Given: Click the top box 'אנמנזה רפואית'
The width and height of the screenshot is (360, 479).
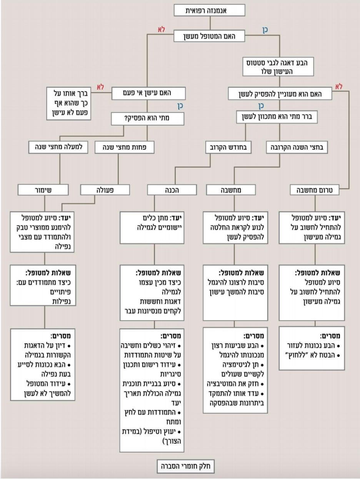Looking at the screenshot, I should (209, 10).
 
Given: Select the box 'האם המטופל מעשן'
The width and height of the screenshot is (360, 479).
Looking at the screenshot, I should (209, 36).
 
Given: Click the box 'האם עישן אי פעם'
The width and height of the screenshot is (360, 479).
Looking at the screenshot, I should (148, 93).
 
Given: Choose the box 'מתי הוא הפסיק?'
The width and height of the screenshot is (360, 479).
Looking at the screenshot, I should (148, 118).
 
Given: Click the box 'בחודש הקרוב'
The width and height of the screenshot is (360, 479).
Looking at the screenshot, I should (228, 147).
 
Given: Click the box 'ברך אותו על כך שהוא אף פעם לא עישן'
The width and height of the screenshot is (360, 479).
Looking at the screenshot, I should (69, 103).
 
